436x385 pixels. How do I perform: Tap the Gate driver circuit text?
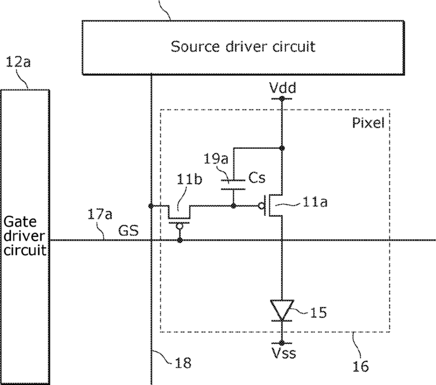(24, 236)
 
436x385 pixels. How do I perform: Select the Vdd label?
(283, 88)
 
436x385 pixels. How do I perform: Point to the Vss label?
(284, 353)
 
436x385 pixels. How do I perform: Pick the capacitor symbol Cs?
(233, 185)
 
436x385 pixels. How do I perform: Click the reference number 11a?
(315, 202)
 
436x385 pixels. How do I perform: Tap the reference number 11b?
(189, 180)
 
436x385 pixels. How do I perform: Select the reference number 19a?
(216, 159)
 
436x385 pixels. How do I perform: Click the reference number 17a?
(100, 215)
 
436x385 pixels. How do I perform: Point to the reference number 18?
(183, 363)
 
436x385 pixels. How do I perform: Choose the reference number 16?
(360, 366)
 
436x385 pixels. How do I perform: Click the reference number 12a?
(18, 62)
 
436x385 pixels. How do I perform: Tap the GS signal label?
(128, 230)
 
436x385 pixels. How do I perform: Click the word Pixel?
(368, 123)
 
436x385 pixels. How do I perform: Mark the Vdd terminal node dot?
(282, 99)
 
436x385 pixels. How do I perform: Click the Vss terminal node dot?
(282, 343)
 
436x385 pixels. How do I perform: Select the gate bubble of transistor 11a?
(261, 206)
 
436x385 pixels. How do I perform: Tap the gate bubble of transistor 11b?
(180, 227)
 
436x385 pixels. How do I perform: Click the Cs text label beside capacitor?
(257, 178)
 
